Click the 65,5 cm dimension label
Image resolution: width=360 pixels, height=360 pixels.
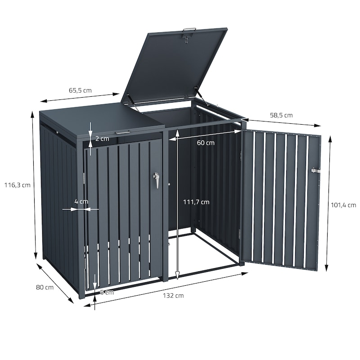click(x=80, y=90)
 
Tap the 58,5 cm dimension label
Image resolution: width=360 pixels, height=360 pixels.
click(x=281, y=115)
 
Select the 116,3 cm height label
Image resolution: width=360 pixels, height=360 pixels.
click(x=18, y=185)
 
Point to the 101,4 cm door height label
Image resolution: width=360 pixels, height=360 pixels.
click(x=343, y=205)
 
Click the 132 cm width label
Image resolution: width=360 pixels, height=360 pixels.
click(x=173, y=296)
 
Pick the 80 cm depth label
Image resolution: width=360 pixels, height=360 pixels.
click(x=45, y=287)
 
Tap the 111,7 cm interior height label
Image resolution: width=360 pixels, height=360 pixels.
click(x=196, y=202)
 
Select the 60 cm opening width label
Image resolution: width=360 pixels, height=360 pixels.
click(x=206, y=143)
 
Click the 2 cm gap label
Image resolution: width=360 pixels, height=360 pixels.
click(x=102, y=139)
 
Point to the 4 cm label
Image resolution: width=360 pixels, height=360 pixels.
click(x=81, y=202)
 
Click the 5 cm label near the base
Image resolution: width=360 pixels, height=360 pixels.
click(x=107, y=292)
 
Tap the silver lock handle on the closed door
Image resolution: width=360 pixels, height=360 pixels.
click(x=156, y=180)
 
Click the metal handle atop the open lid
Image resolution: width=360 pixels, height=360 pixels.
click(x=189, y=29)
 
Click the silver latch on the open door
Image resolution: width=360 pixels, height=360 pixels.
click(x=315, y=171)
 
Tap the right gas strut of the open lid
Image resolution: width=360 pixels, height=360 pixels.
click(x=201, y=96)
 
